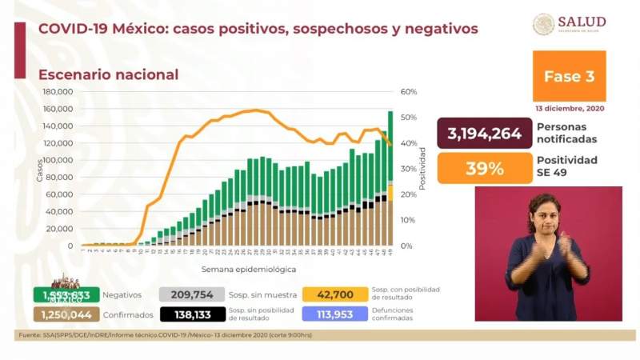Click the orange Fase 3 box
(569, 77)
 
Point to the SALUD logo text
(582, 22)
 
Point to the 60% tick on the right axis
(408, 92)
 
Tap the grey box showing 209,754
(192, 294)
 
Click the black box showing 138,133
(192, 313)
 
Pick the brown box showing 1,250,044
(66, 313)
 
